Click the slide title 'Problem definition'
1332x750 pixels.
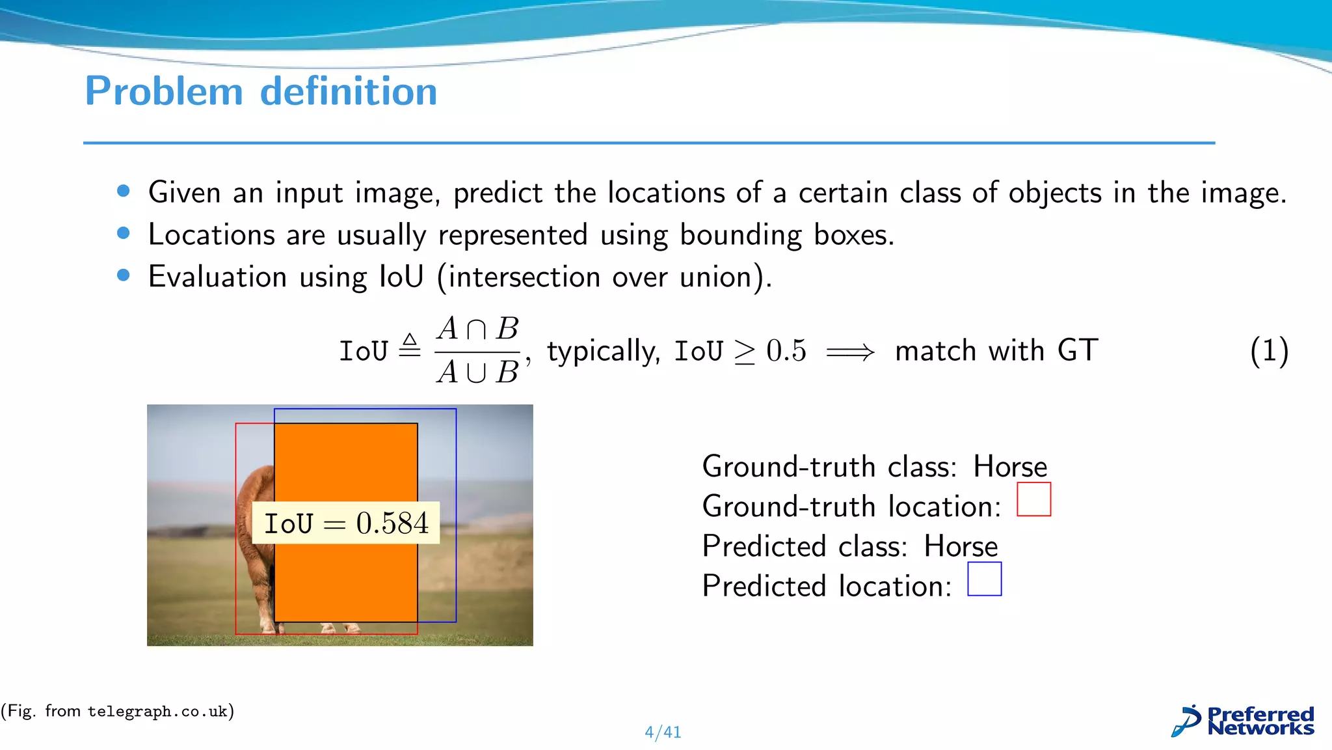[261, 91]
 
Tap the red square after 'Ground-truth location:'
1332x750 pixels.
[1033, 499]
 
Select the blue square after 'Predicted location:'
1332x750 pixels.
[984, 579]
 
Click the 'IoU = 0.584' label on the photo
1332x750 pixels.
[346, 523]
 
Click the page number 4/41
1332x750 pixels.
[663, 732]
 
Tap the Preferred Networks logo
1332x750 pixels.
[1243, 721]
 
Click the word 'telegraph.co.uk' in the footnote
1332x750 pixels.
[157, 712]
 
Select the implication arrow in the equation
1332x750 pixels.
[850, 352]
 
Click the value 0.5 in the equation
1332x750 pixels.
[786, 351]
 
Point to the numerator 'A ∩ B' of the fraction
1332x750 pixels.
[478, 329]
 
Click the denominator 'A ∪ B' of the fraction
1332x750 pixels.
[478, 372]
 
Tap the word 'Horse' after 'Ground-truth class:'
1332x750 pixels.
[1010, 467]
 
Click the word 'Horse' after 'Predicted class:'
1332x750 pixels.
[961, 546]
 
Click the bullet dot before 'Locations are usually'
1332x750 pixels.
[124, 233]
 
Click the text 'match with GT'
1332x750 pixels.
[996, 351]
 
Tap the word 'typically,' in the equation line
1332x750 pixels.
[604, 352]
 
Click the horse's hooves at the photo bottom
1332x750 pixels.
[338, 629]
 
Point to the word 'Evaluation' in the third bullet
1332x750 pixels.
[217, 277]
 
